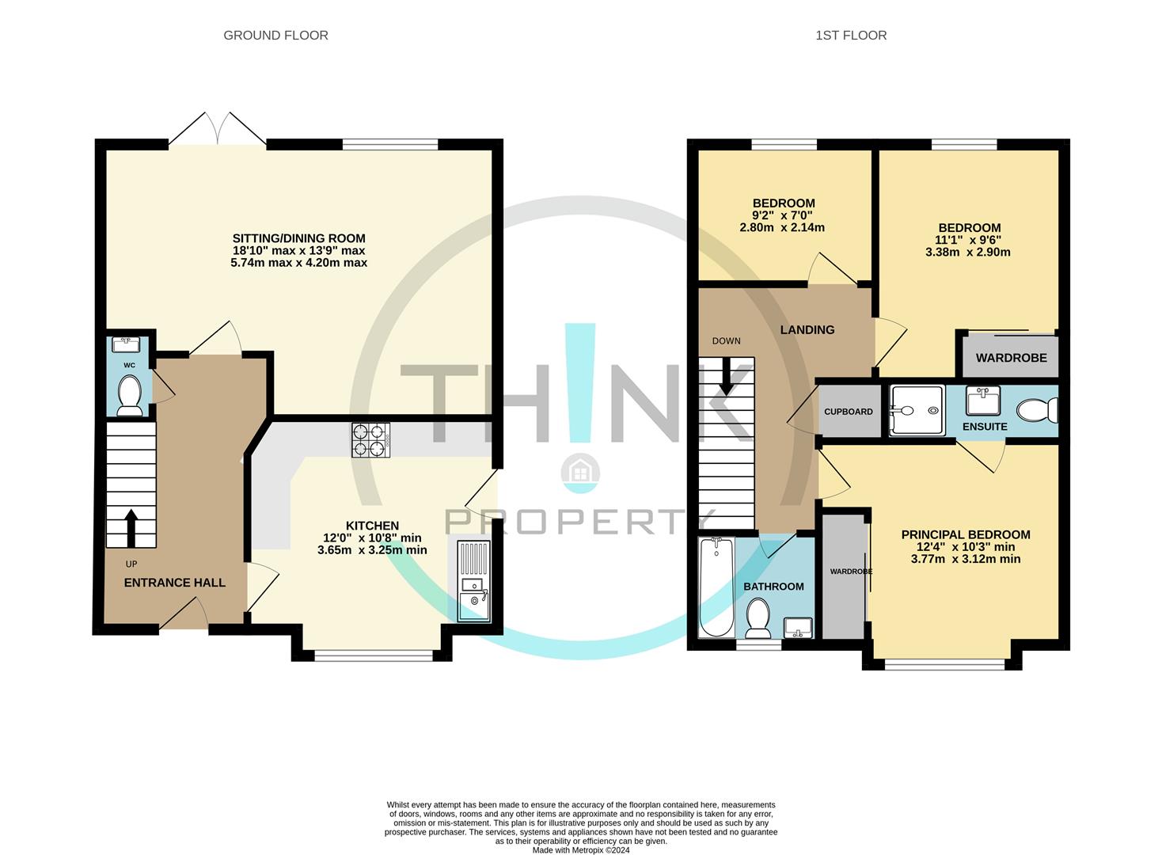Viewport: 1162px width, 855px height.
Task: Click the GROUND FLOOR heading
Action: coord(275,36)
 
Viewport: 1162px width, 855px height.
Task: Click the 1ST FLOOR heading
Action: coord(851,36)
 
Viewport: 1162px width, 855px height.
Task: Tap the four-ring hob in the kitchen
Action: coord(371,440)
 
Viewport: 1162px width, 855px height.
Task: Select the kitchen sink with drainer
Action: coord(474,581)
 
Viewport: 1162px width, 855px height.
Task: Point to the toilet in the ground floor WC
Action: coord(130,395)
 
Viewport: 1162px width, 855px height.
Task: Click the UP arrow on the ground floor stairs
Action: coord(131,527)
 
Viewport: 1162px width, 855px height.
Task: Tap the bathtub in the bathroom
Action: coord(716,587)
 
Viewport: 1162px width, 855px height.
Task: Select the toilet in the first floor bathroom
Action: coord(758,618)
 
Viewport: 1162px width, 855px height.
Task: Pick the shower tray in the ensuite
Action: coord(917,410)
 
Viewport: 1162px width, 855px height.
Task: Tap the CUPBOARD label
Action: coord(849,412)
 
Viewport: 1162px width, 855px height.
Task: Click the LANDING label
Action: coord(807,330)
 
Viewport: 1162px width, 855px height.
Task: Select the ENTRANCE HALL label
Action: coord(175,583)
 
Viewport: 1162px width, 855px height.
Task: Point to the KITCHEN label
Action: coord(373,526)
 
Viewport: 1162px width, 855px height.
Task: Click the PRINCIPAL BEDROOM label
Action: coord(966,534)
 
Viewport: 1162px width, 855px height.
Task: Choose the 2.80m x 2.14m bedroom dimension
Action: coord(782,227)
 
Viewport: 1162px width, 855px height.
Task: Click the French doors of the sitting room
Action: coord(218,128)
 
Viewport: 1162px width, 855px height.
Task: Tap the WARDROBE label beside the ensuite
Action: coord(1011,358)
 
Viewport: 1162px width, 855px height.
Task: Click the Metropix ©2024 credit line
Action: coord(581,850)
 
